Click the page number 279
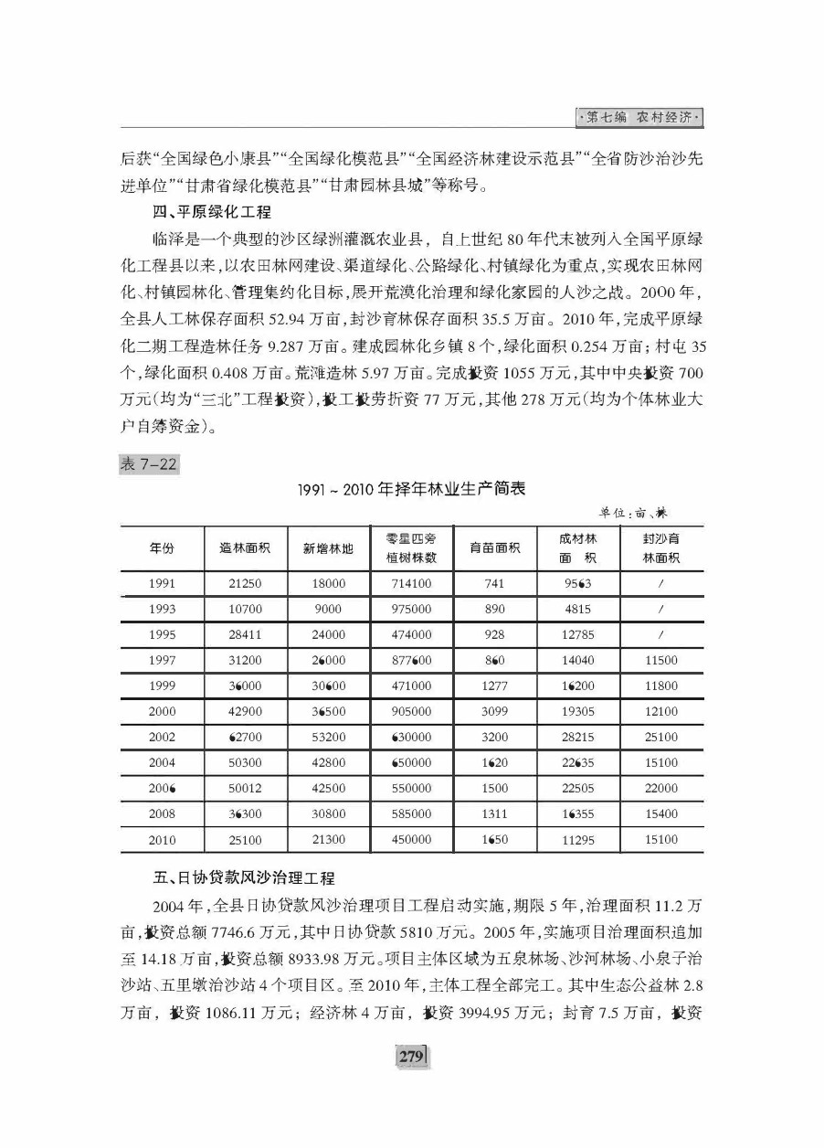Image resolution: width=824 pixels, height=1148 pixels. pyautogui.click(x=411, y=1057)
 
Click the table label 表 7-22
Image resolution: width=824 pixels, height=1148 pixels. pyautogui.click(x=149, y=464)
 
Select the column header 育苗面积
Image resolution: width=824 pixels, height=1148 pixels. pyautogui.click(x=495, y=548)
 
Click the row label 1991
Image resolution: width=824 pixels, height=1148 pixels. pyautogui.click(x=162, y=584)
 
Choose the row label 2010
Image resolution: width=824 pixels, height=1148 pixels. pyautogui.click(x=162, y=839)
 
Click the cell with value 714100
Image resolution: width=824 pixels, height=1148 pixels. pyautogui.click(x=412, y=584)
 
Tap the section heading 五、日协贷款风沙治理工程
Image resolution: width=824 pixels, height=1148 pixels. pyautogui.click(x=244, y=878)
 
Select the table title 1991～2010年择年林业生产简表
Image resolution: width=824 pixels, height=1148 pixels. pyautogui.click(x=411, y=489)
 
